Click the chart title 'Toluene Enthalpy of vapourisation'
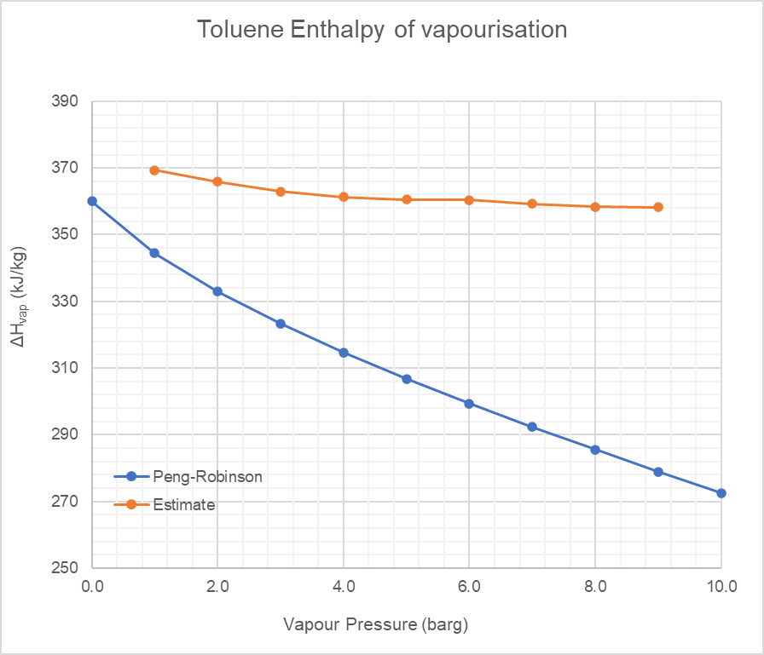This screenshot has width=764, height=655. (x=382, y=30)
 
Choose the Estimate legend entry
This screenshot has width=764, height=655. (x=183, y=505)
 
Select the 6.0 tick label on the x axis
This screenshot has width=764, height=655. (x=469, y=587)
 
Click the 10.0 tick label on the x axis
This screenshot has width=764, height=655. (x=721, y=587)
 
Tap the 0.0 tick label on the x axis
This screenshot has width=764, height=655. (x=92, y=587)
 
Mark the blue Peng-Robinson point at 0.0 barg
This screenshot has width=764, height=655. (x=92, y=201)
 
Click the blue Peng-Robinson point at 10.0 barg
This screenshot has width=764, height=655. (x=721, y=493)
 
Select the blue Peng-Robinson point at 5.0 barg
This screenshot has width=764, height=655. (x=407, y=379)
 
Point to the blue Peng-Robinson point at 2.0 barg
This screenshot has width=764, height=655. (x=217, y=291)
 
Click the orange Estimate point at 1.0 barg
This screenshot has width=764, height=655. (x=154, y=170)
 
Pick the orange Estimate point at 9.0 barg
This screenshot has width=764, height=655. (x=658, y=207)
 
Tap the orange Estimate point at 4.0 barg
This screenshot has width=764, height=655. (x=344, y=197)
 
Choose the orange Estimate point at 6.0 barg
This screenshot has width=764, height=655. (x=469, y=199)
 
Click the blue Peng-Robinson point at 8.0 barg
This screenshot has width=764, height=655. (x=595, y=450)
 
